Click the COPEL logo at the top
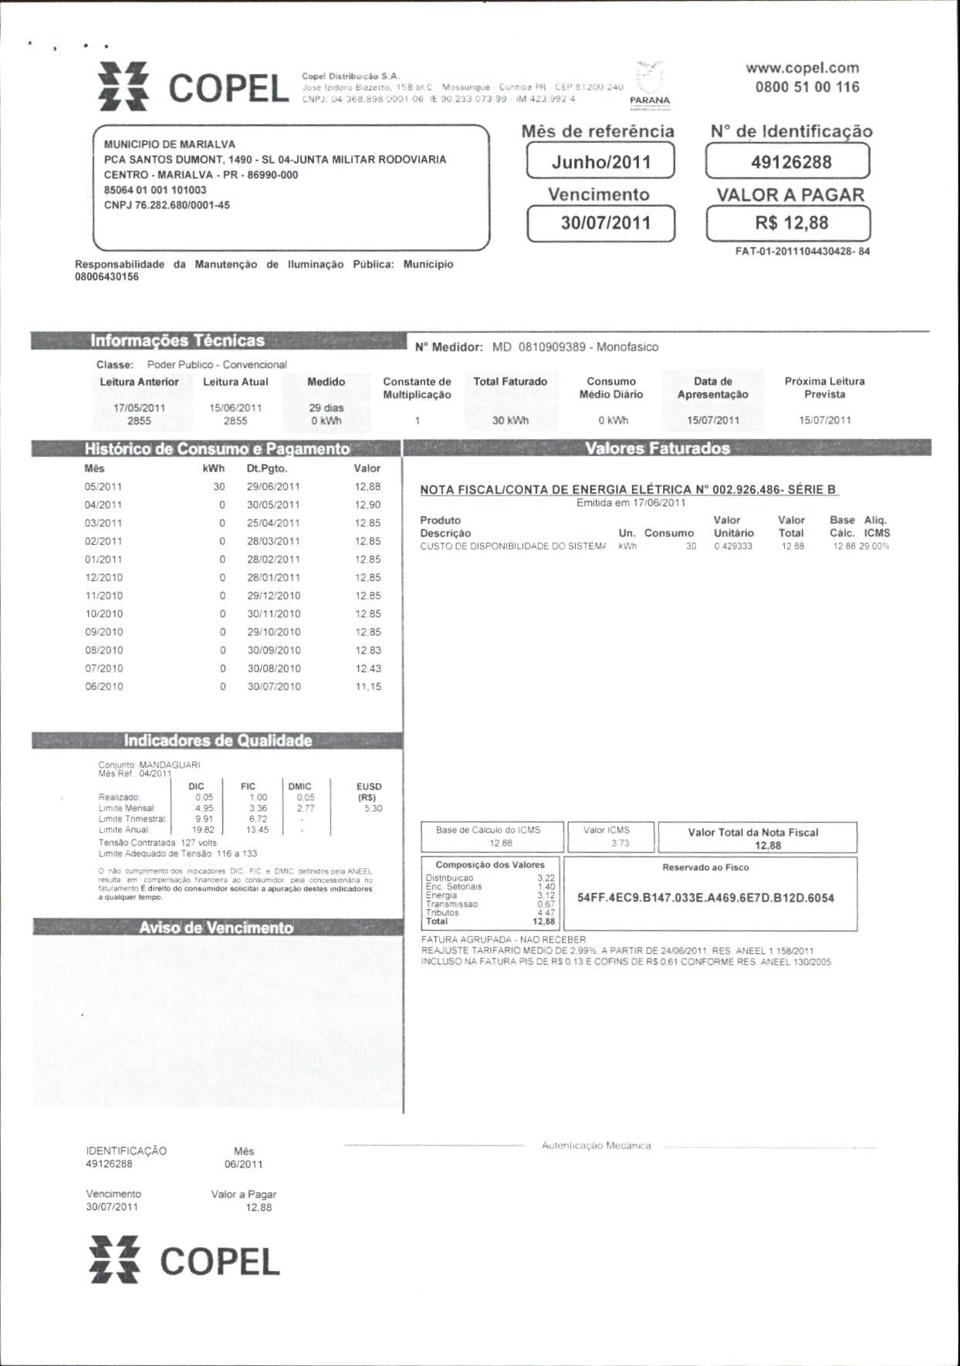pos(193,87)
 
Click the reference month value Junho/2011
pos(600,162)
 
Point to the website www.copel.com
pos(802,68)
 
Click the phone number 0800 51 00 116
pos(806,87)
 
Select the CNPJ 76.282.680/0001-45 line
pos(167,205)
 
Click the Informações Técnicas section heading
pos(177,340)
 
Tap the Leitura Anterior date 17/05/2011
pos(139,407)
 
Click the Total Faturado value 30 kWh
pos(510,421)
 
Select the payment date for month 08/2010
pos(274,651)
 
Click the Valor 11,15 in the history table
pos(368,687)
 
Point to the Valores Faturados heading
pos(657,448)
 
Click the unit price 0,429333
pos(734,546)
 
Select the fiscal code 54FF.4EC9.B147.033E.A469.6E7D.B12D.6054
pos(705,898)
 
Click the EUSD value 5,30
pos(373,809)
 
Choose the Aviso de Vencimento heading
pos(216,928)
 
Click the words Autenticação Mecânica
pos(596,1146)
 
